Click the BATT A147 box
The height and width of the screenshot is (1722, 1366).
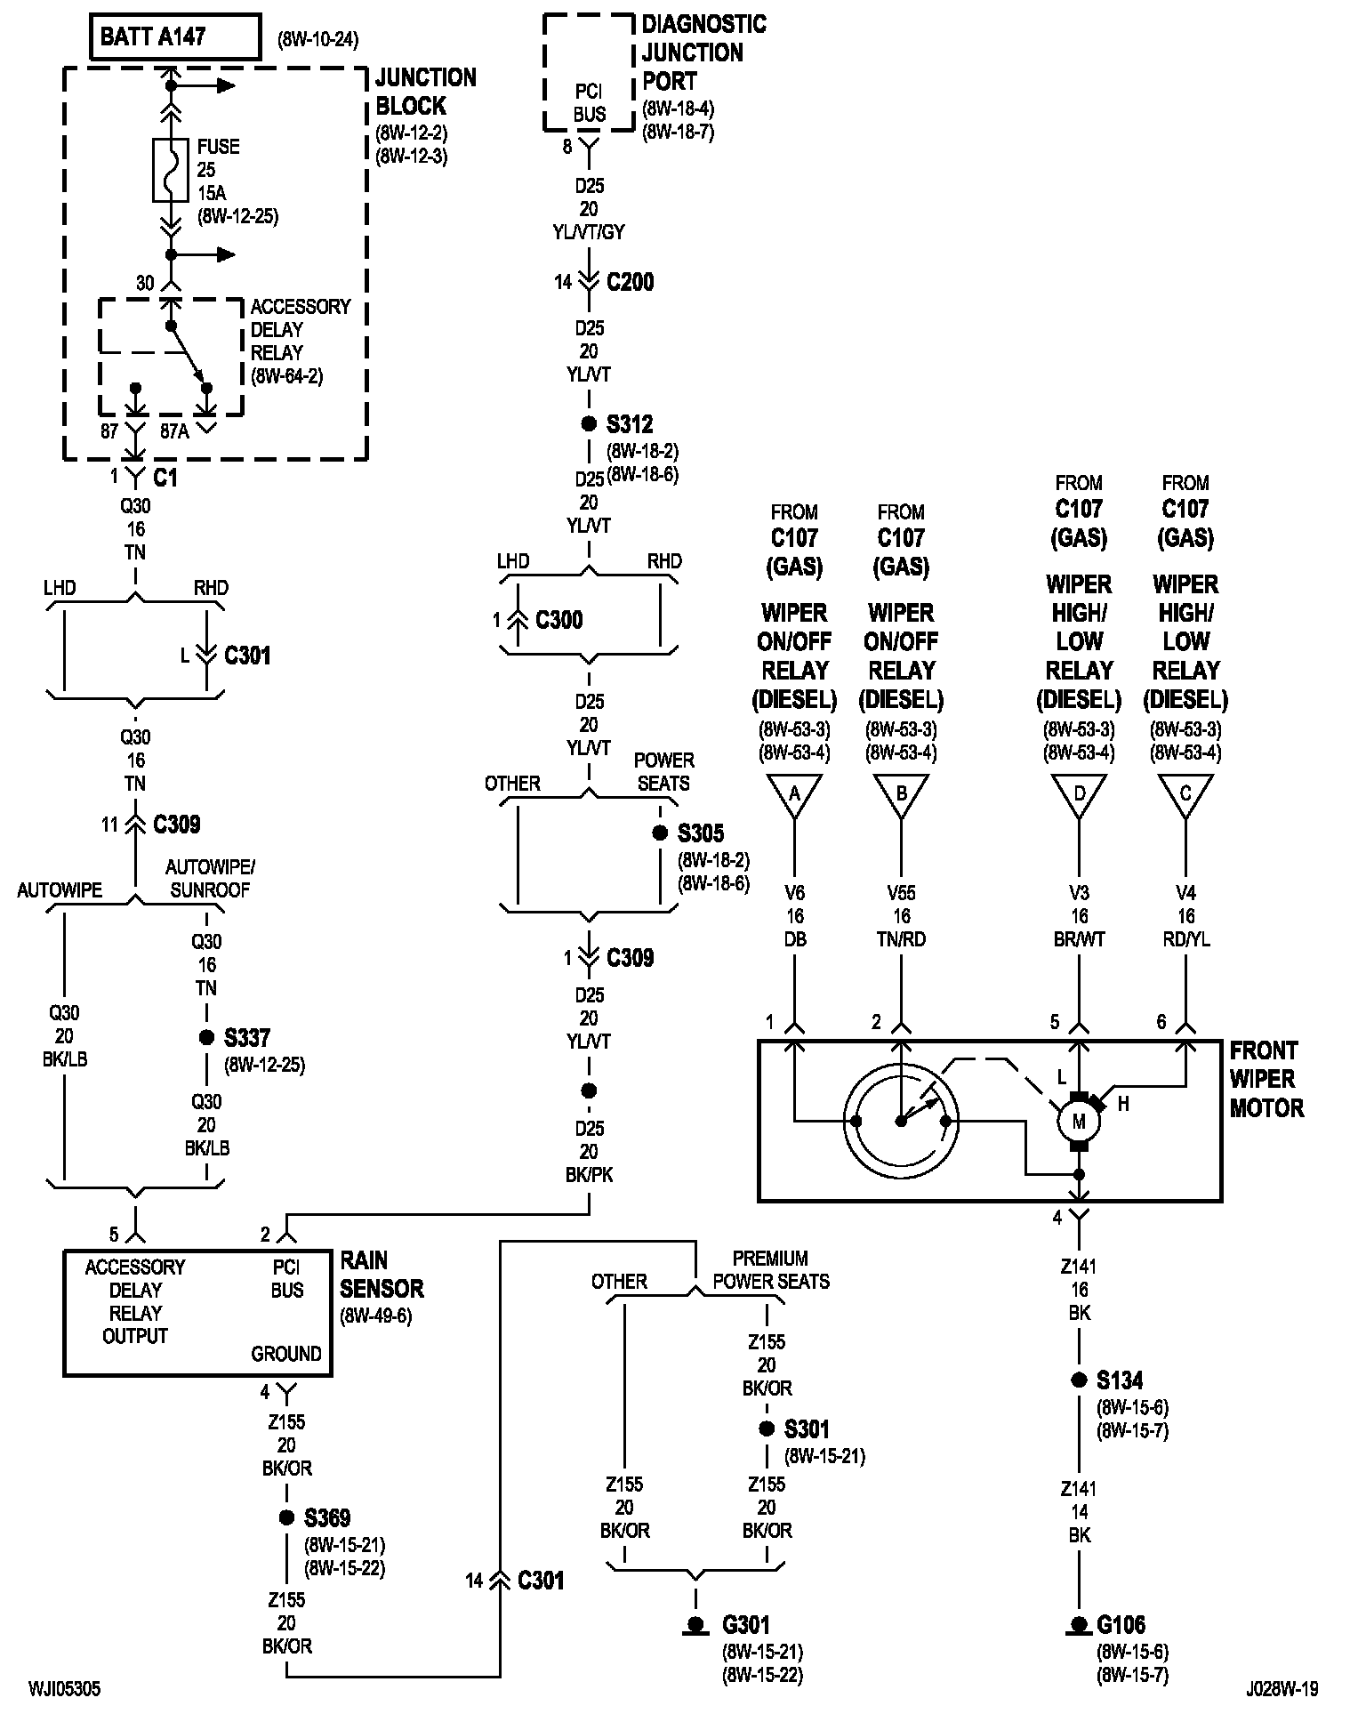click(176, 37)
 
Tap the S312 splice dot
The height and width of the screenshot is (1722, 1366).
click(589, 424)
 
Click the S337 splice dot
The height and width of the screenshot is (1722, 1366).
click(206, 1037)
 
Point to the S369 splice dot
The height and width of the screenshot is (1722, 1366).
click(286, 1517)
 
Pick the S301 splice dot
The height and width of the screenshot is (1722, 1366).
click(767, 1429)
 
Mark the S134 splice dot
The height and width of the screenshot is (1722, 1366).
click(1079, 1380)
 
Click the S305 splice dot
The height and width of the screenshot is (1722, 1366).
click(660, 833)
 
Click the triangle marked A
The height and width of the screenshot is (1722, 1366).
click(794, 795)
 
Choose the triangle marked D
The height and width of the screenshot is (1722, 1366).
click(1079, 795)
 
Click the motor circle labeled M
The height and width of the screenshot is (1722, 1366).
click(1079, 1122)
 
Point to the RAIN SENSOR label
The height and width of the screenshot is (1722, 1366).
click(382, 1274)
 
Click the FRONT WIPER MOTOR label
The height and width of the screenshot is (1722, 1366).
click(1266, 1079)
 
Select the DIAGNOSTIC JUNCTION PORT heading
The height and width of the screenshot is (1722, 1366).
click(704, 52)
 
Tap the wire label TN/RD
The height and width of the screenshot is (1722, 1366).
click(901, 939)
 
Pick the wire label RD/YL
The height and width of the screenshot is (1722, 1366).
click(1185, 939)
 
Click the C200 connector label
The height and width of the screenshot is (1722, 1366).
click(631, 283)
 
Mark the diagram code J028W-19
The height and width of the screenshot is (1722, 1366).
click(1282, 1688)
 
